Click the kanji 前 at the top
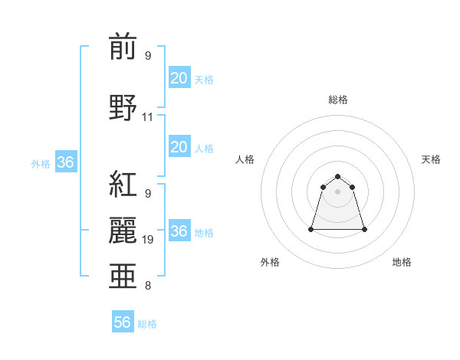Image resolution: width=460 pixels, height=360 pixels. pyautogui.click(x=123, y=47)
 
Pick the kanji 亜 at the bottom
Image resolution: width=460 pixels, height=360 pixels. pyautogui.click(x=123, y=276)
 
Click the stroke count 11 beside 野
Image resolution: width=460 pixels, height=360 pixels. pyautogui.click(x=148, y=117)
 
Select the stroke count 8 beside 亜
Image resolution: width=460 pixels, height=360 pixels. pyautogui.click(x=148, y=286)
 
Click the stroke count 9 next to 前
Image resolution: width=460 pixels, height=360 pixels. pyautogui.click(x=148, y=56)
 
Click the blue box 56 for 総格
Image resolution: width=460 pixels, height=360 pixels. pyautogui.click(x=123, y=322)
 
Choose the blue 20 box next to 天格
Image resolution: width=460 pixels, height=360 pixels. pyautogui.click(x=179, y=78)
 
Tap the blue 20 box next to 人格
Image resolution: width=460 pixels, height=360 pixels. pyautogui.click(x=179, y=147)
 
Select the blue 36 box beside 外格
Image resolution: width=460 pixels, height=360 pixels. pyautogui.click(x=65, y=162)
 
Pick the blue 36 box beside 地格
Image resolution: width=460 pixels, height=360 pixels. pyautogui.click(x=179, y=231)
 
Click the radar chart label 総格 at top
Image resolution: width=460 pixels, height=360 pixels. pyautogui.click(x=338, y=100)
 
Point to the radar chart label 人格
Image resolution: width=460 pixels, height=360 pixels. pyautogui.click(x=245, y=159)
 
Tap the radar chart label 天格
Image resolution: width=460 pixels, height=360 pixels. pyautogui.click(x=431, y=159)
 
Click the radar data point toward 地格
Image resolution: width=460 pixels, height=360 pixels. pyautogui.click(x=364, y=229)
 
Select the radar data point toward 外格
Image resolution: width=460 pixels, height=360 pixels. pyautogui.click(x=312, y=229)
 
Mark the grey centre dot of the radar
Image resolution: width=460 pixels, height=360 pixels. pyautogui.click(x=338, y=191)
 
